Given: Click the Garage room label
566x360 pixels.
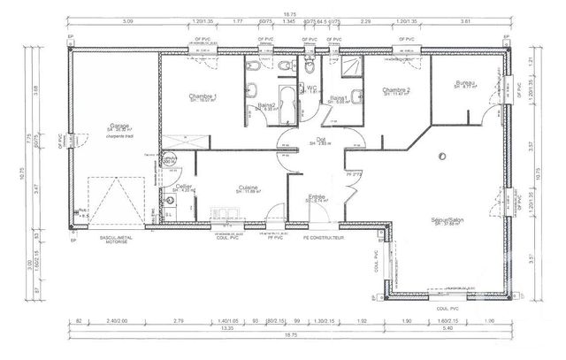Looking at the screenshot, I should pos(114,126).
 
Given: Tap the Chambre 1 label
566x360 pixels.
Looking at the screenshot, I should pos(203,96).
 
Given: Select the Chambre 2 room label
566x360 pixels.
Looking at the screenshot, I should pos(395,90).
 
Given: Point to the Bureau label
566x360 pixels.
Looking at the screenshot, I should pos(465,83).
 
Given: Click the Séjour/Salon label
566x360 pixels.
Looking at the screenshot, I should pos(447,220).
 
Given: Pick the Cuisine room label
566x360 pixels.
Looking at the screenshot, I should pos(248,188).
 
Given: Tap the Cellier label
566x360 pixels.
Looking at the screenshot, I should pos(184,187).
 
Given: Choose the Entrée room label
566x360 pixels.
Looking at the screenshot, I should pos(317,197).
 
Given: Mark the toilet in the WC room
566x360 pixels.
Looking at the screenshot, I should pos(308,67).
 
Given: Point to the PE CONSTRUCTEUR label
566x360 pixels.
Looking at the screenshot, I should pos(324,238).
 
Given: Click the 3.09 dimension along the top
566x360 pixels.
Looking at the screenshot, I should pos(127,19).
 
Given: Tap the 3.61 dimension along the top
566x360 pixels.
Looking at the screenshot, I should pos(467,19).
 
